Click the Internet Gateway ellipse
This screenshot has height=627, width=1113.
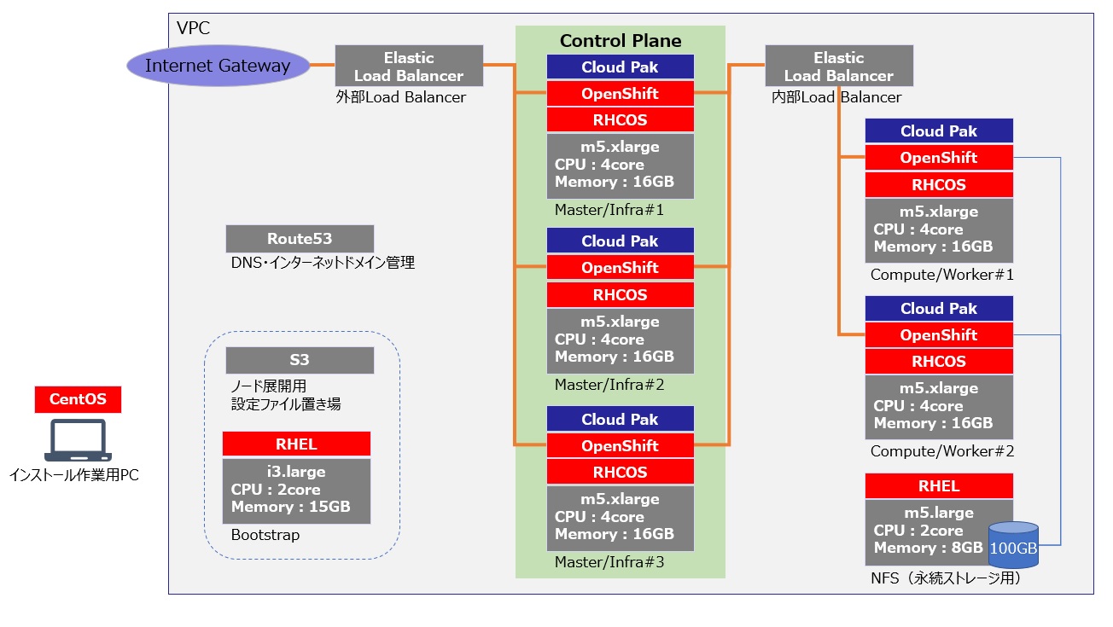(218, 66)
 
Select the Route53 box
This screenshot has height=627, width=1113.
(300, 239)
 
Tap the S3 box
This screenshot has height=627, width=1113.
(300, 360)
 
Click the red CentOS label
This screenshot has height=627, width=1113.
(78, 399)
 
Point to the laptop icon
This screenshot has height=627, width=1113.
(78, 443)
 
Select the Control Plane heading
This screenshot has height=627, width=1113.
(621, 40)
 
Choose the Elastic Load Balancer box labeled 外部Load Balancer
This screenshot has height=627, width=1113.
(409, 67)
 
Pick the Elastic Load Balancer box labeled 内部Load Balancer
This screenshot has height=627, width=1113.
(839, 67)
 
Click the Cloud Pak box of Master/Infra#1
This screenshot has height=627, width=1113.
(621, 67)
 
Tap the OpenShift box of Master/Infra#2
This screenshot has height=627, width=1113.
(621, 268)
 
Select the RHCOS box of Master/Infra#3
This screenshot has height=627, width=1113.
(621, 473)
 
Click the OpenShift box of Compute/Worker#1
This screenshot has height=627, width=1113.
(939, 158)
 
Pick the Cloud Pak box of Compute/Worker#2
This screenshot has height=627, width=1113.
(939, 309)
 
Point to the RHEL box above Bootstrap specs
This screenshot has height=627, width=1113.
(296, 444)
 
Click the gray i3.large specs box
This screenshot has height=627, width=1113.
(296, 491)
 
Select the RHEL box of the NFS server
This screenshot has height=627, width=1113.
(939, 486)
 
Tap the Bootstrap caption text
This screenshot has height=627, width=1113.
(265, 536)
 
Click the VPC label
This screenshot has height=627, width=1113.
(193, 28)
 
